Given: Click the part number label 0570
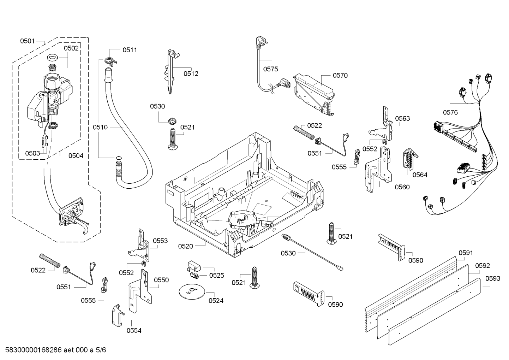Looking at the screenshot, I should pyautogui.click(x=340, y=75).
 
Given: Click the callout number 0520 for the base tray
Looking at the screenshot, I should pyautogui.click(x=186, y=246).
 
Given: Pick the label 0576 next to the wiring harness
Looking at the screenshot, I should pyautogui.click(x=450, y=112).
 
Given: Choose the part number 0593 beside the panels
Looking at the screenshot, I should pyautogui.click(x=492, y=278).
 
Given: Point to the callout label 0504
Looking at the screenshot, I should pyautogui.click(x=76, y=155).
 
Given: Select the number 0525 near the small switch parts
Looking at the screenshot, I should pyautogui.click(x=216, y=275).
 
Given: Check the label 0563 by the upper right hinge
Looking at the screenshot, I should pyautogui.click(x=402, y=118).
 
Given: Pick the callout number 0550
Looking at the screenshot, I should pyautogui.click(x=161, y=280).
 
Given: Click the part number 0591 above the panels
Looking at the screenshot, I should pyautogui.click(x=466, y=253).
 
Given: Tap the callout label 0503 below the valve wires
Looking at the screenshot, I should pyautogui.click(x=32, y=153).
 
